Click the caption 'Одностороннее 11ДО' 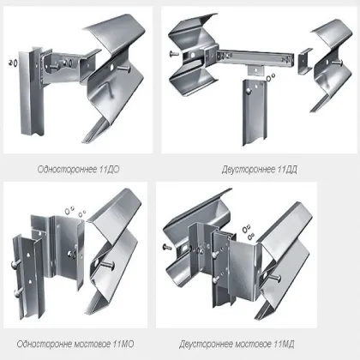click(x=78, y=170)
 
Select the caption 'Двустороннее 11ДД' click(x=260, y=170)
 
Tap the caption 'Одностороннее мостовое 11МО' click(x=75, y=344)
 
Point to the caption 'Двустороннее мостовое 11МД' click(x=237, y=344)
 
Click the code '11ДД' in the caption click(x=287, y=170)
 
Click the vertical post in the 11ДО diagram click(x=31, y=92)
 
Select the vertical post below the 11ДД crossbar click(x=255, y=112)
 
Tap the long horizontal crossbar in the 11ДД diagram click(x=255, y=58)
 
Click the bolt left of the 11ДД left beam click(x=173, y=53)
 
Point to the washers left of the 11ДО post click(x=12, y=63)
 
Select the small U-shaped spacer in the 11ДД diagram click(x=305, y=61)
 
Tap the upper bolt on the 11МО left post click(x=16, y=265)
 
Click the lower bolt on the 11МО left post click(x=18, y=291)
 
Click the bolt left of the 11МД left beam click(x=167, y=247)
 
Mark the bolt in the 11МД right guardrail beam click(x=275, y=277)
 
